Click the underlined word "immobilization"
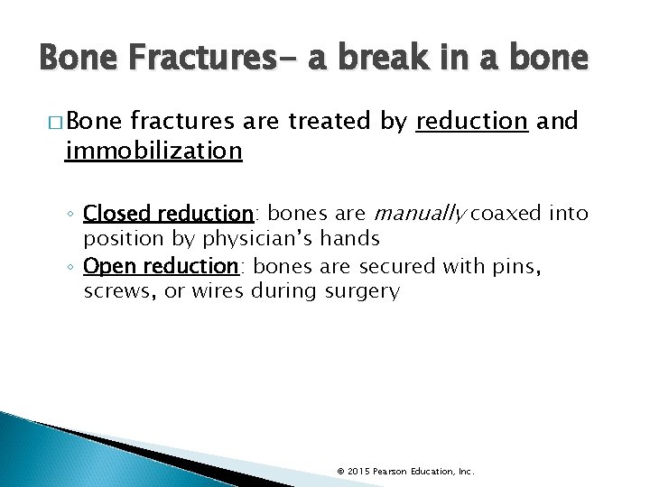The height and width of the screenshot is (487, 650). click(153, 150)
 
